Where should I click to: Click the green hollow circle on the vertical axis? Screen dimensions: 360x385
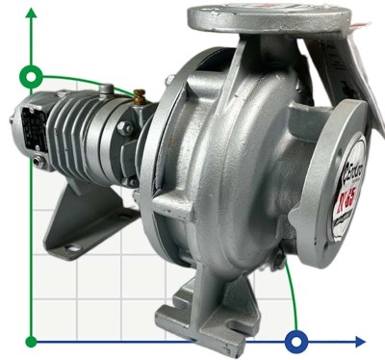point(32,75)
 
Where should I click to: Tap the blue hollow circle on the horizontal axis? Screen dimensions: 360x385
point(297,341)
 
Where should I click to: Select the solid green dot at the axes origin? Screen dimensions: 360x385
point(32,341)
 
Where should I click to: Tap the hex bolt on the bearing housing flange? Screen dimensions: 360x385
point(126,128)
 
